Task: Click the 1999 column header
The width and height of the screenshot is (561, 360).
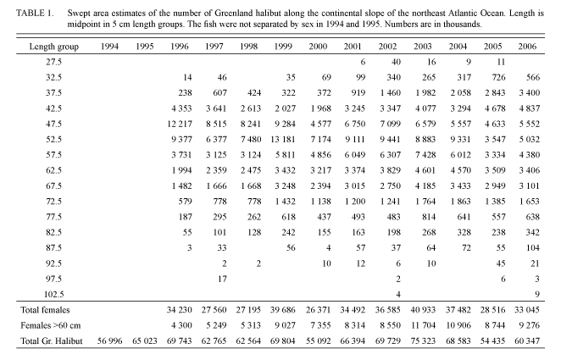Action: tap(283, 47)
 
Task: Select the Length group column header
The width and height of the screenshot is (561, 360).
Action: tap(54, 47)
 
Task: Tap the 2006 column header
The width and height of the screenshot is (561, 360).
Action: tap(527, 47)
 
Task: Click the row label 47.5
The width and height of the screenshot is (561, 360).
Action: tap(53, 124)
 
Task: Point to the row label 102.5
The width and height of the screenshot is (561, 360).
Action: tap(53, 295)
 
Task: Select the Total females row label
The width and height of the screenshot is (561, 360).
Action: tap(45, 310)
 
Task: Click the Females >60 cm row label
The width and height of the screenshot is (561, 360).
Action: tap(51, 325)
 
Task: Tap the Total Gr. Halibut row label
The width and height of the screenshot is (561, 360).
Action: tap(52, 341)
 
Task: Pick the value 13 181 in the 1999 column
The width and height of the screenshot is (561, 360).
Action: tap(283, 140)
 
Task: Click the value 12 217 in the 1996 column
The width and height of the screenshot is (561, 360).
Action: tap(180, 124)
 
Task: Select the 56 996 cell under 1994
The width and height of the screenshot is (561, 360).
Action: tap(110, 341)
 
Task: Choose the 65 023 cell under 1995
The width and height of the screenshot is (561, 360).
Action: tap(145, 341)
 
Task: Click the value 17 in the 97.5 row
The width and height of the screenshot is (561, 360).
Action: tap(222, 279)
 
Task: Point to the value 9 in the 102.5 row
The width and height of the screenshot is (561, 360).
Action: tap(537, 295)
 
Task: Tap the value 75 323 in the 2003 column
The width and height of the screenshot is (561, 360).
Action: tap(423, 341)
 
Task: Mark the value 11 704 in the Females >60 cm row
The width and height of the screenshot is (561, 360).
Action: tap(424, 325)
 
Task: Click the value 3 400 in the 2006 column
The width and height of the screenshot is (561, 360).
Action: tap(529, 93)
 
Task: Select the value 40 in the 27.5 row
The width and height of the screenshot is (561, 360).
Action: tap(396, 62)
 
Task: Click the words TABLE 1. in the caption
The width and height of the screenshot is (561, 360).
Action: tap(35, 14)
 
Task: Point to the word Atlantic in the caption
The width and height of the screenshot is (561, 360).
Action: tap(460, 14)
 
